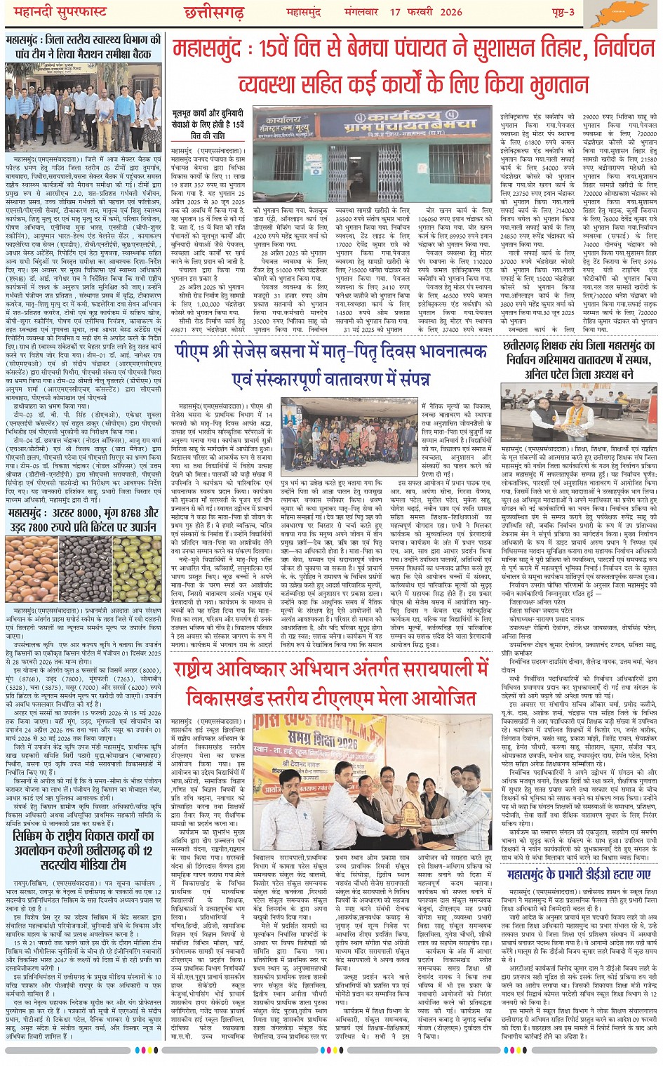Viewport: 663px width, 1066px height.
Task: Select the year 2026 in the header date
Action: click(451, 12)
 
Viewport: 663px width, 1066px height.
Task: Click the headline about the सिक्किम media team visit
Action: click(83, 850)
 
